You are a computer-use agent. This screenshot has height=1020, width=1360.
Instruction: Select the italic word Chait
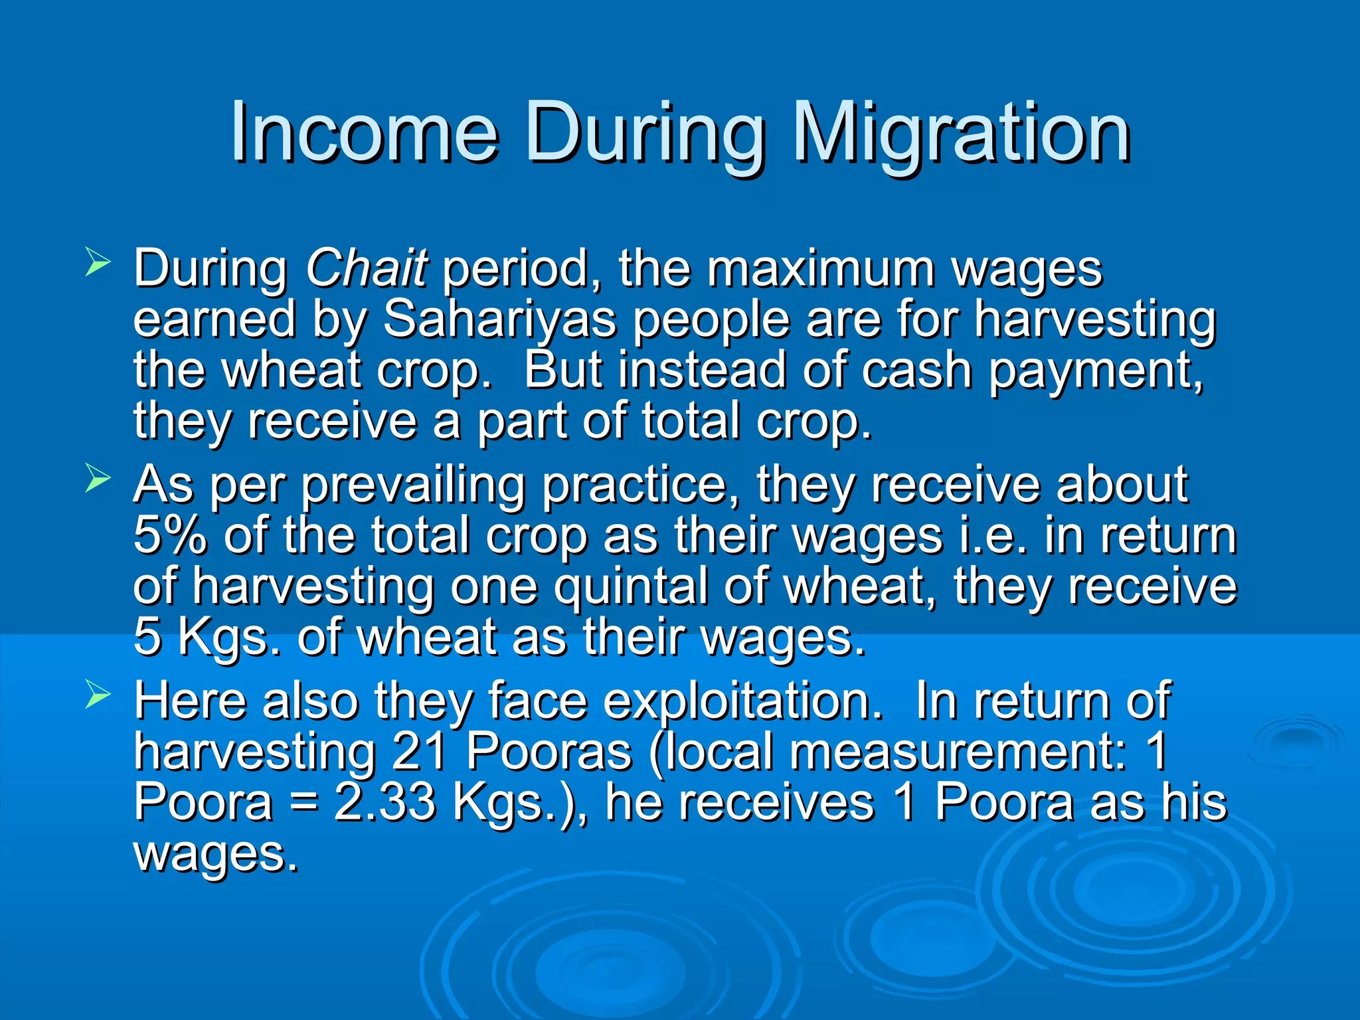pyautogui.click(x=366, y=268)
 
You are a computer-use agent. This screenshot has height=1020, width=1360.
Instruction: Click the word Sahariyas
pyautogui.click(x=499, y=319)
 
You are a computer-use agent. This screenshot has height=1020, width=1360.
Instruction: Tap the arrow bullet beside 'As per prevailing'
pyautogui.click(x=98, y=479)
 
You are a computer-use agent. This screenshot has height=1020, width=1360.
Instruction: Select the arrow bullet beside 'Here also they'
pyautogui.click(x=98, y=695)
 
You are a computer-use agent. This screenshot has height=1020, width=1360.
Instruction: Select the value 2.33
pyautogui.click(x=385, y=802)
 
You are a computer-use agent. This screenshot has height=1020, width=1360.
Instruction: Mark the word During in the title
pyautogui.click(x=644, y=133)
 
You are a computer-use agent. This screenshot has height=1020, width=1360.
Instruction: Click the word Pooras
pyautogui.click(x=549, y=752)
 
